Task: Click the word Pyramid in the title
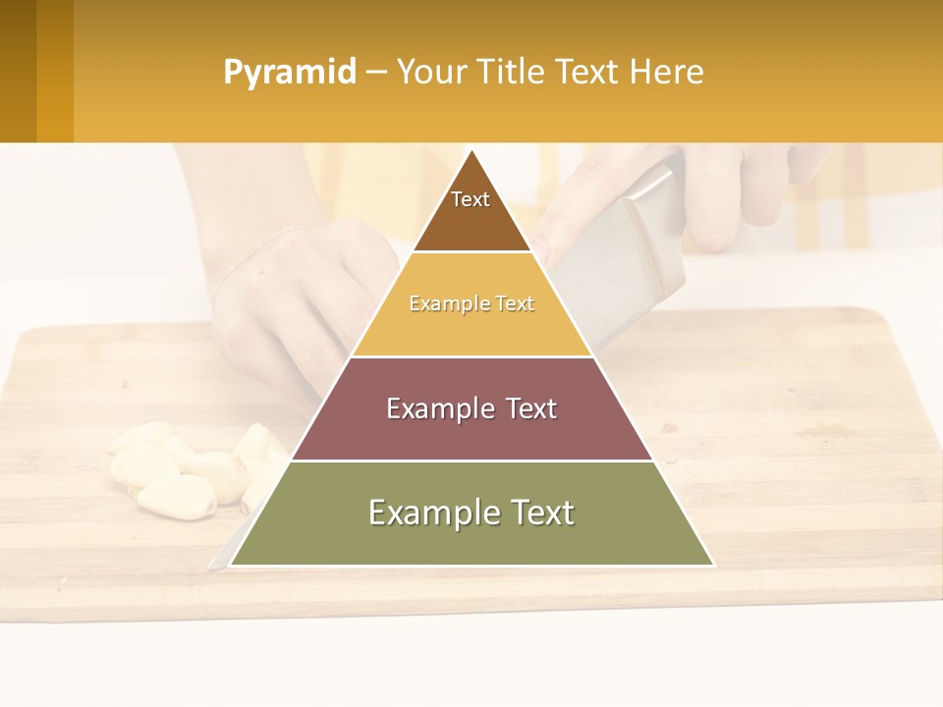pos(289,73)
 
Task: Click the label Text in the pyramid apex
pos(471,199)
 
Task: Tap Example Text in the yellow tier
pos(471,304)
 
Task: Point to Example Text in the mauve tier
pos(471,408)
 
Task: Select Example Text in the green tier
pos(471,513)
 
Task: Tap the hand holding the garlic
pos(295,304)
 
